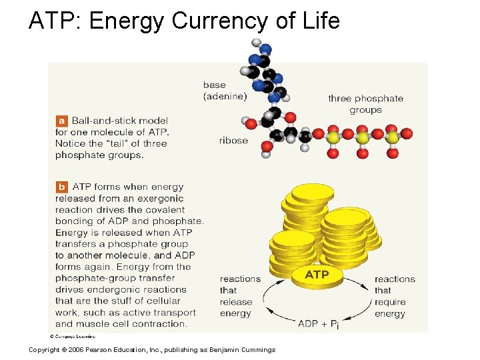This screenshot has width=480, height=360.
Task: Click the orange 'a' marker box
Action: click(62, 121)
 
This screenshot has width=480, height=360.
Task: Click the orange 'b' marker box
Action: click(62, 187)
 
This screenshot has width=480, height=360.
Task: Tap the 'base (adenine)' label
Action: click(225, 91)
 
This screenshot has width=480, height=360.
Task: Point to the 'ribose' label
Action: click(233, 141)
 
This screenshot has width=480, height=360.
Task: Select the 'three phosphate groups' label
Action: click(365, 104)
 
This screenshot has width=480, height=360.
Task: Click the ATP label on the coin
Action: click(317, 275)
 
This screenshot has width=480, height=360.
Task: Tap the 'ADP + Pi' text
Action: click(317, 323)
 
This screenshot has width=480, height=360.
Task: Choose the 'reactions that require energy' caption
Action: click(394, 296)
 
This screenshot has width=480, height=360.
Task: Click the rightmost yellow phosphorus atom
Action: click(393, 137)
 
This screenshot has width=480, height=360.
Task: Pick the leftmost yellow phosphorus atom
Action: click(333, 137)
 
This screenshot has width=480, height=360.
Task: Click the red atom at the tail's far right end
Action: click(407, 134)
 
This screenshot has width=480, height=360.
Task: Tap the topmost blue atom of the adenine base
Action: click(265, 49)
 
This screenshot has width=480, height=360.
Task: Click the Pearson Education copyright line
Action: click(151, 350)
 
